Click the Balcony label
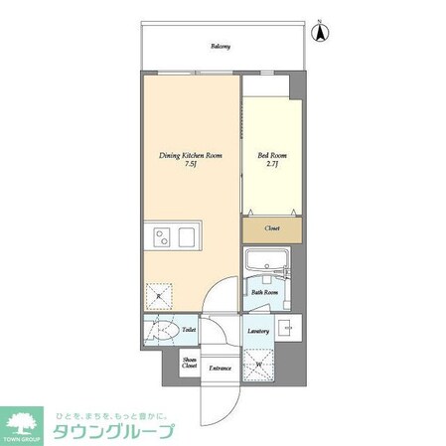[221, 45]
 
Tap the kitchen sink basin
[161, 236]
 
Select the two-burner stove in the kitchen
[185, 236]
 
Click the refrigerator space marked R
[158, 295]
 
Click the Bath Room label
[263, 293]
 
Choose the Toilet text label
[188, 330]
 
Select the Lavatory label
[257, 330]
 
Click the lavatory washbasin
[288, 329]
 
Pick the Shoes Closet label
[189, 364]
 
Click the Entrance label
[220, 369]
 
